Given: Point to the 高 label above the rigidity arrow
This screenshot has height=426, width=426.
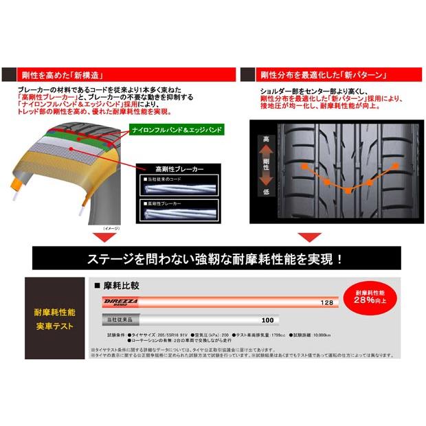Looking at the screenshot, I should [x=266, y=139].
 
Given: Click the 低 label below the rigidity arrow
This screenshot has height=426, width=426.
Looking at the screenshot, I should [x=266, y=192].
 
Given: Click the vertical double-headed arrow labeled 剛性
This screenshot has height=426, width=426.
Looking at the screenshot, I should [x=266, y=166].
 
